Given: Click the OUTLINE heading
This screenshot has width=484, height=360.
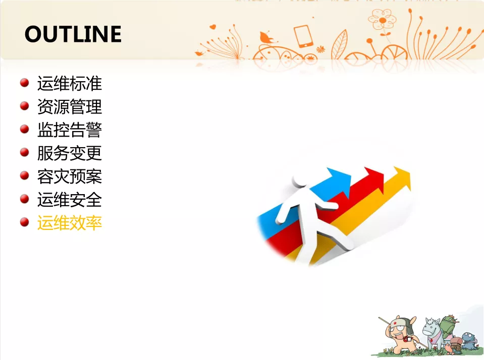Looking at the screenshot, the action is pyautogui.click(x=73, y=34).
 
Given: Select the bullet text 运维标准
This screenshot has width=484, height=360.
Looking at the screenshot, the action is pyautogui.click(x=70, y=83).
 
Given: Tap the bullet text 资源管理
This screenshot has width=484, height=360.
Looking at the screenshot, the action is pyautogui.click(x=70, y=106).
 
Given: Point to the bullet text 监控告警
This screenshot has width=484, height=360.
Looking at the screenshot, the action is pyautogui.click(x=70, y=130).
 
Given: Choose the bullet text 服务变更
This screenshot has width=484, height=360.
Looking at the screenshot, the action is pyautogui.click(x=70, y=153).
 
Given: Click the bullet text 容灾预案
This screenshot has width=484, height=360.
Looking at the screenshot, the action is pyautogui.click(x=70, y=176).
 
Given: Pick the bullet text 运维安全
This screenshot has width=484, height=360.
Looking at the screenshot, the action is pyautogui.click(x=70, y=199).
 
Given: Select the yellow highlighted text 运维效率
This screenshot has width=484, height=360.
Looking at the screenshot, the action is pyautogui.click(x=70, y=222).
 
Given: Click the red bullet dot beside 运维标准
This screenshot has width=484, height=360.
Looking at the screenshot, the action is pyautogui.click(x=24, y=83).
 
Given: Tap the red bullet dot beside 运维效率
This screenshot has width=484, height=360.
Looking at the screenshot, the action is pyautogui.click(x=24, y=222).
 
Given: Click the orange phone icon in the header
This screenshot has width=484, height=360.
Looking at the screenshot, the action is pyautogui.click(x=303, y=36).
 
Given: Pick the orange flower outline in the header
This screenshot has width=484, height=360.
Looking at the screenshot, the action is pyautogui.click(x=382, y=20).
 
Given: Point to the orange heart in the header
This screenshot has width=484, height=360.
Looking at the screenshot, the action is pyautogui.click(x=212, y=27).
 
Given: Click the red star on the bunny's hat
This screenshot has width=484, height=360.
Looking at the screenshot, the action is pyautogui.click(x=395, y=323).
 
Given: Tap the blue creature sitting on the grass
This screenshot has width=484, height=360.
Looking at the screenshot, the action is pyautogui.click(x=469, y=340).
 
